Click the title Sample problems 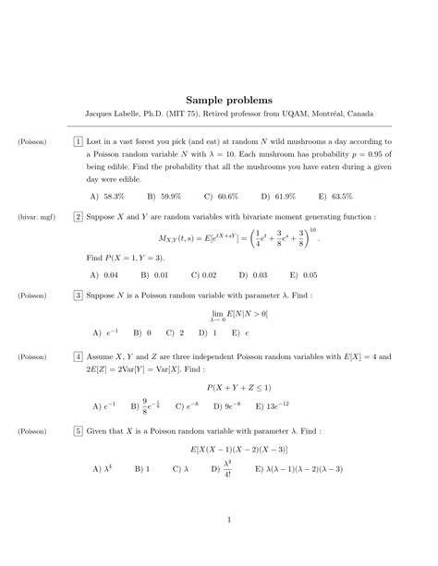coord(219,97)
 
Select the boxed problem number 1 coord(79,142)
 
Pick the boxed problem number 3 coord(79,295)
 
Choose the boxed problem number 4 coord(79,355)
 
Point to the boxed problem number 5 coord(79,430)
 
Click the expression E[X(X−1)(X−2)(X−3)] coord(238,450)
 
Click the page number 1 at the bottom coord(227,519)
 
